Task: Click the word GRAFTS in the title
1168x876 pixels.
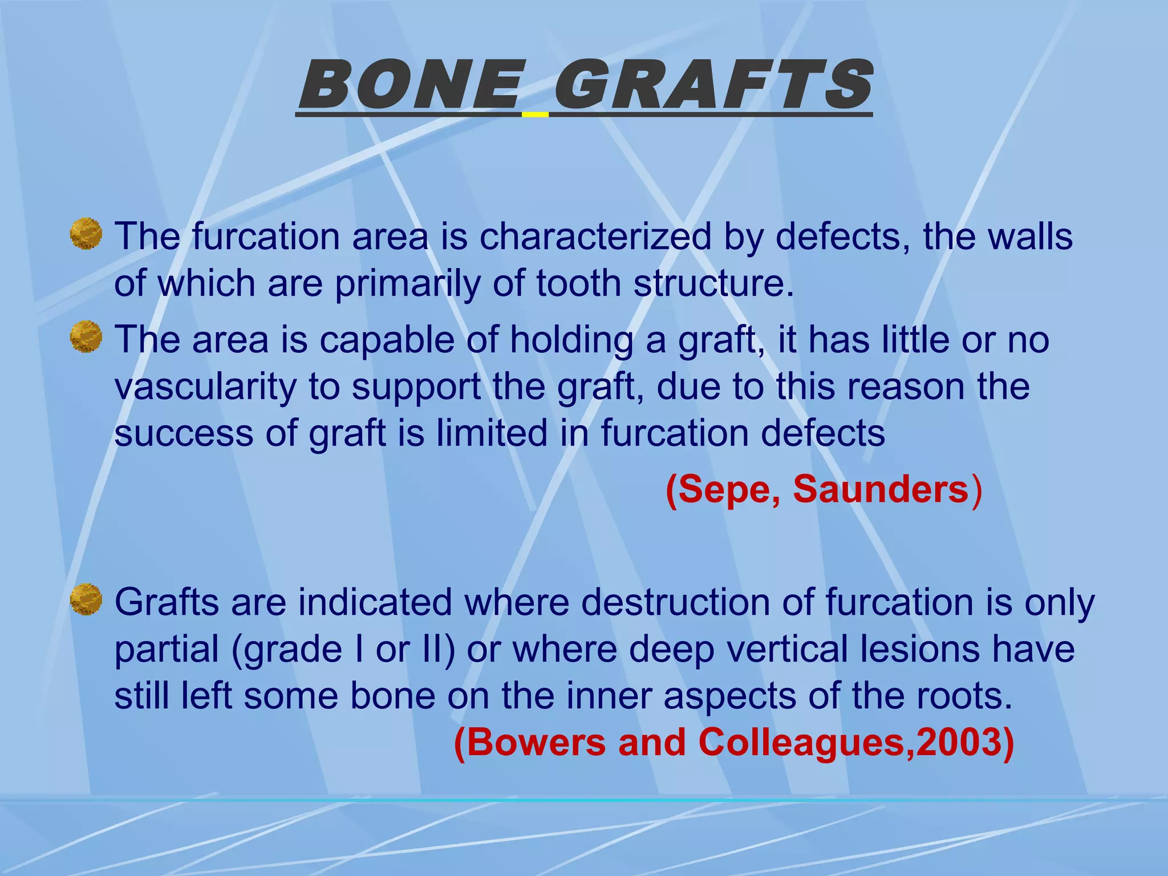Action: point(712,86)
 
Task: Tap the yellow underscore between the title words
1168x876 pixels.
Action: point(535,115)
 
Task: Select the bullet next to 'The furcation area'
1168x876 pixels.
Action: point(86,234)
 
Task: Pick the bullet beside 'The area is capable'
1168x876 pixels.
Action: point(86,337)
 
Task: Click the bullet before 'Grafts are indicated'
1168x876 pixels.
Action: point(86,599)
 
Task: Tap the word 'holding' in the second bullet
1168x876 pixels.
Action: point(571,340)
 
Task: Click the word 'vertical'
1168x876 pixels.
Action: point(787,649)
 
